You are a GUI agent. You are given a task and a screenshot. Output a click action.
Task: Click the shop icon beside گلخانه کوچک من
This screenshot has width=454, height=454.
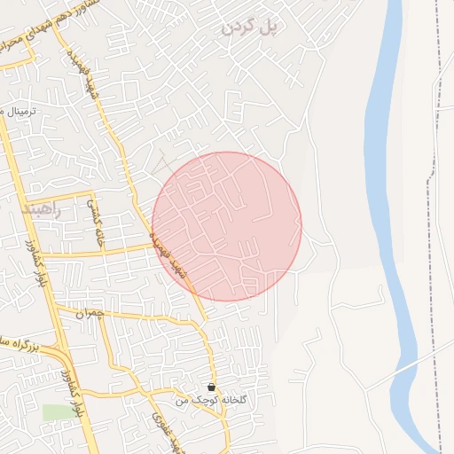pyautogui.click(x=211, y=387)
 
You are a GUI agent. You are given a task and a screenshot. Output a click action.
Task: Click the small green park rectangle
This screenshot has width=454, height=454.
pyautogui.click(x=55, y=412)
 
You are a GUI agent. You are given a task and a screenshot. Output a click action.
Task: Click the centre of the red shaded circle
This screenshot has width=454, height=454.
pyautogui.click(x=227, y=226)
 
